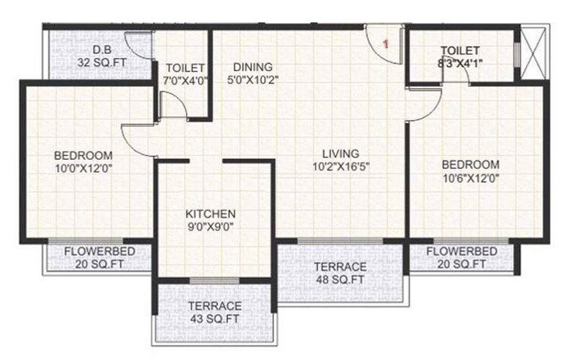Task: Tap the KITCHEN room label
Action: tap(210, 214)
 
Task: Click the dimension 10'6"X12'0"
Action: tap(470, 177)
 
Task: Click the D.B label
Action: tap(101, 50)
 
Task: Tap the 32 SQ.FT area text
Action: tap(101, 62)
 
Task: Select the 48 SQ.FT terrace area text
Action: tap(340, 279)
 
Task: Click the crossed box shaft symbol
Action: tap(534, 53)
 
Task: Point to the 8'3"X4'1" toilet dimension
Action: tap(461, 63)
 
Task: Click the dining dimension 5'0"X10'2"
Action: tap(251, 79)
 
